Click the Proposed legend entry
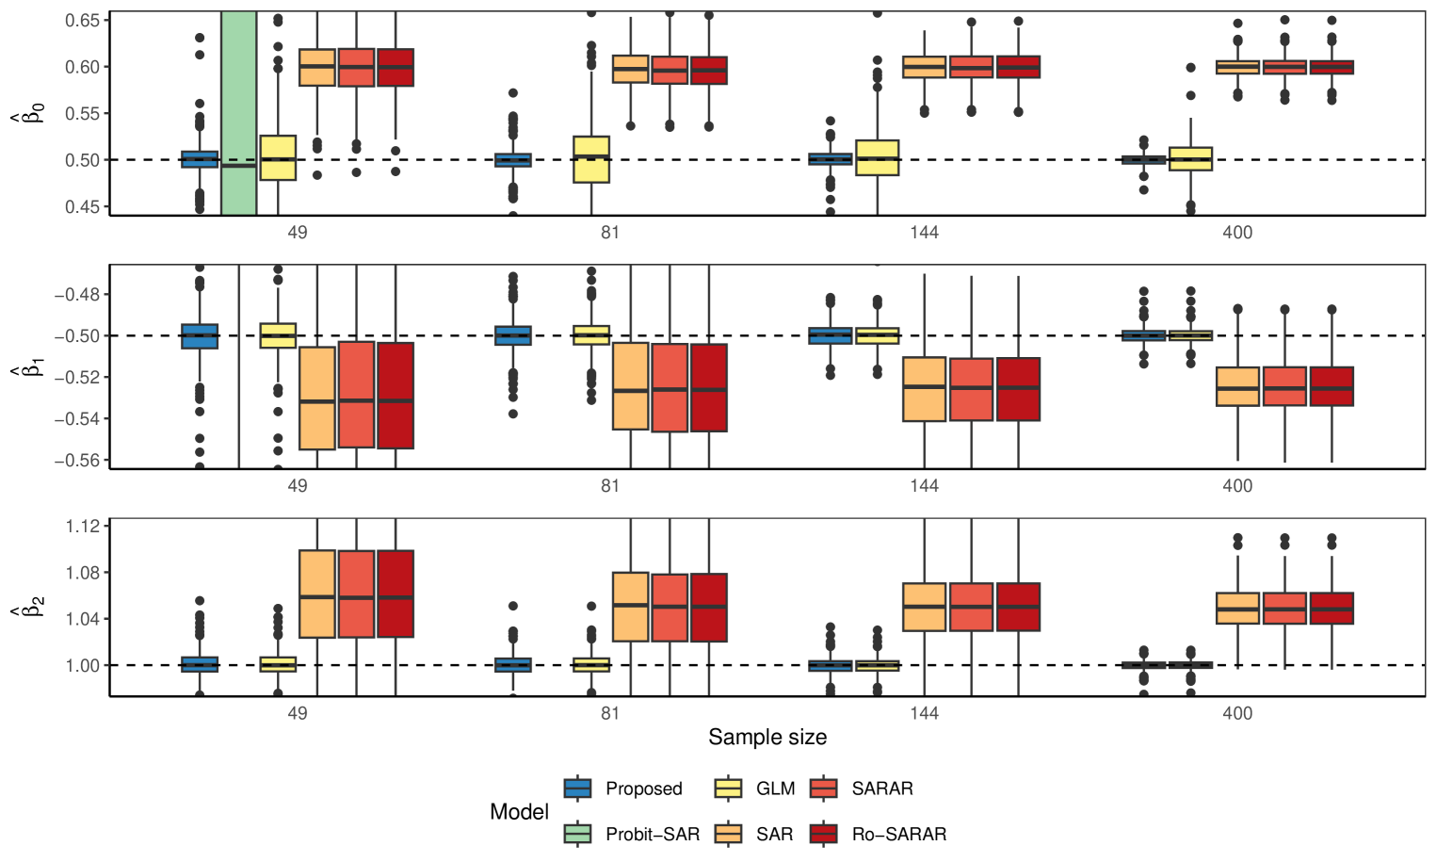(623, 789)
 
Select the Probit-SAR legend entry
(632, 834)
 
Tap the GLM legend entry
(755, 789)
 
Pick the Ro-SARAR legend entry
(878, 834)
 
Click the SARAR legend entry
(861, 789)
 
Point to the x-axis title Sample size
(767, 737)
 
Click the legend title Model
(519, 812)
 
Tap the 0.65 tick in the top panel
(83, 21)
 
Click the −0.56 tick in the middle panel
(77, 461)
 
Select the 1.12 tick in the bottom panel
(83, 526)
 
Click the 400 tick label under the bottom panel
(1237, 713)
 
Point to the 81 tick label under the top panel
(610, 233)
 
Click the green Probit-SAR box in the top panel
(238, 113)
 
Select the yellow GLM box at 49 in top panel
(278, 157)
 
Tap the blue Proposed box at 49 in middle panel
(200, 336)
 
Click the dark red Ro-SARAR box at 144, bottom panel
(1018, 607)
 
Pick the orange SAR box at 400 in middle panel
(1237, 386)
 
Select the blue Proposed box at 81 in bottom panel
(513, 665)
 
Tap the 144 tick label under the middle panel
(924, 486)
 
